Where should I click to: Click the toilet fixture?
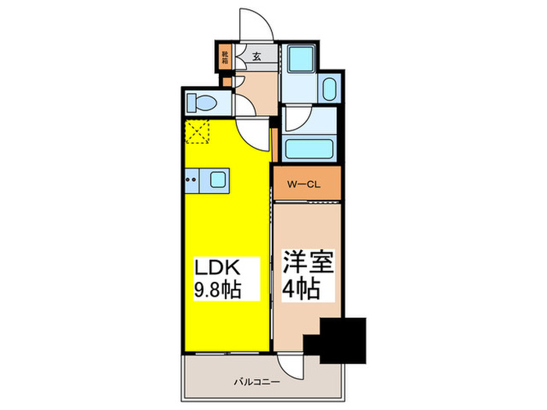click(x=206, y=102)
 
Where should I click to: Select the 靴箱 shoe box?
click(x=225, y=56)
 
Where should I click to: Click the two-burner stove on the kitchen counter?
click(x=191, y=181)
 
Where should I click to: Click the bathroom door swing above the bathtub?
click(x=298, y=119)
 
